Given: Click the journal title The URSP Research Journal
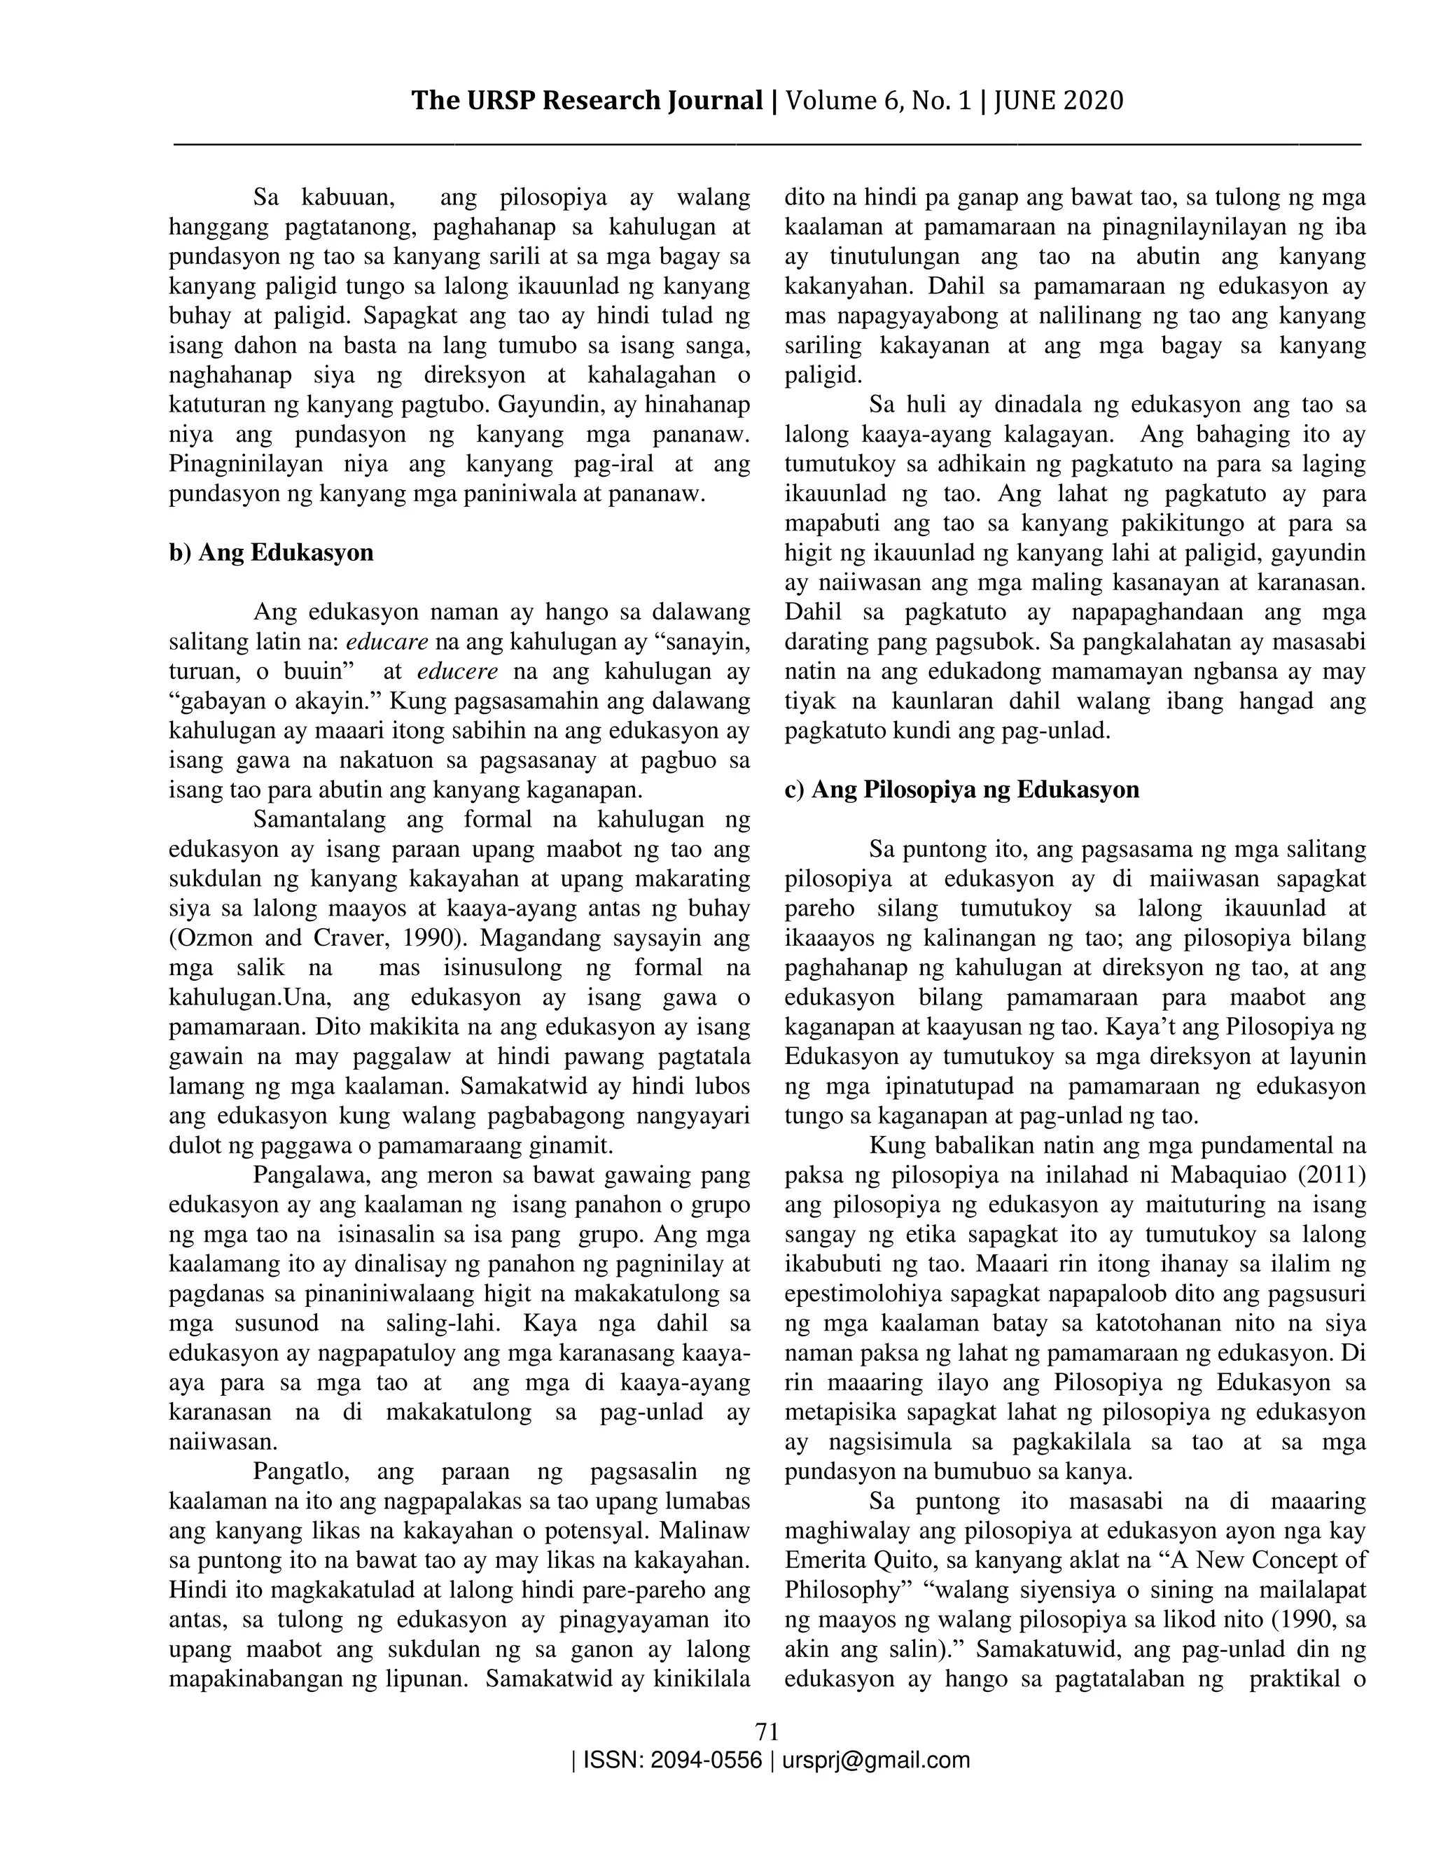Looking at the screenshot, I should click(x=587, y=101).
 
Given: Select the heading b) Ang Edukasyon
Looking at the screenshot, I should click(x=271, y=553).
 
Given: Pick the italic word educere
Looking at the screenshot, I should click(x=458, y=672).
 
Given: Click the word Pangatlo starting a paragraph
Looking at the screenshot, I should click(x=298, y=1472).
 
